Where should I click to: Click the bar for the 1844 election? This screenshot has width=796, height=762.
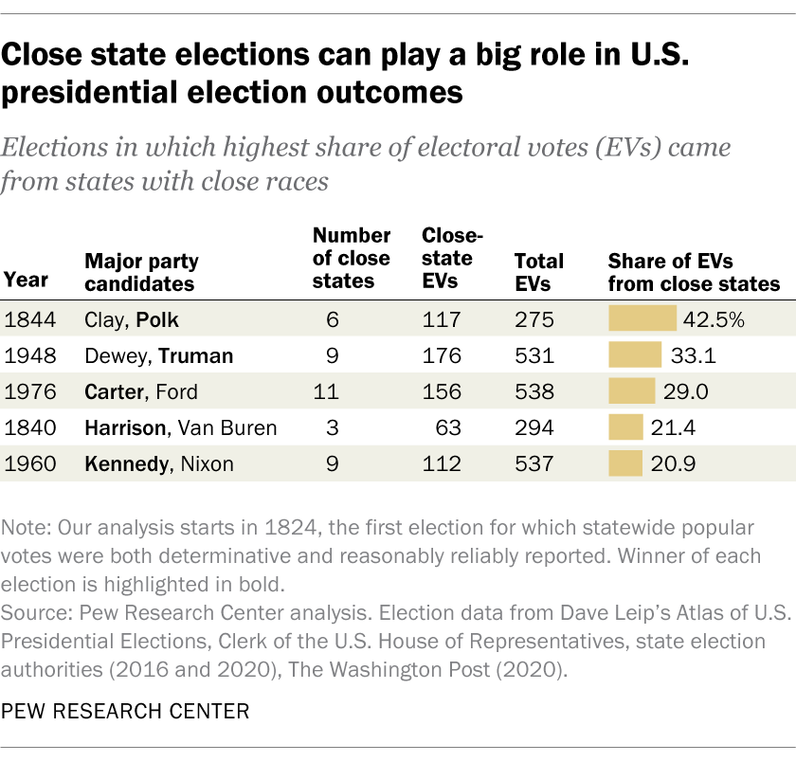[642, 319]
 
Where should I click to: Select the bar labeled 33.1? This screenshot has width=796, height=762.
[635, 355]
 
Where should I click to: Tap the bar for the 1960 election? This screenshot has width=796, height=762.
[625, 463]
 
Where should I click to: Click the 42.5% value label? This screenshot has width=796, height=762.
[715, 319]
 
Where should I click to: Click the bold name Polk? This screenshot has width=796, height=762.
[156, 319]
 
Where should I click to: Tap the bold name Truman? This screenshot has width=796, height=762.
[195, 355]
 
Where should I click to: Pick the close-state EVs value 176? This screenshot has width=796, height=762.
[442, 355]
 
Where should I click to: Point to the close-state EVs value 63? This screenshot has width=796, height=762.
[448, 427]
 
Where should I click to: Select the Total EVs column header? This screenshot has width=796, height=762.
[538, 271]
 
